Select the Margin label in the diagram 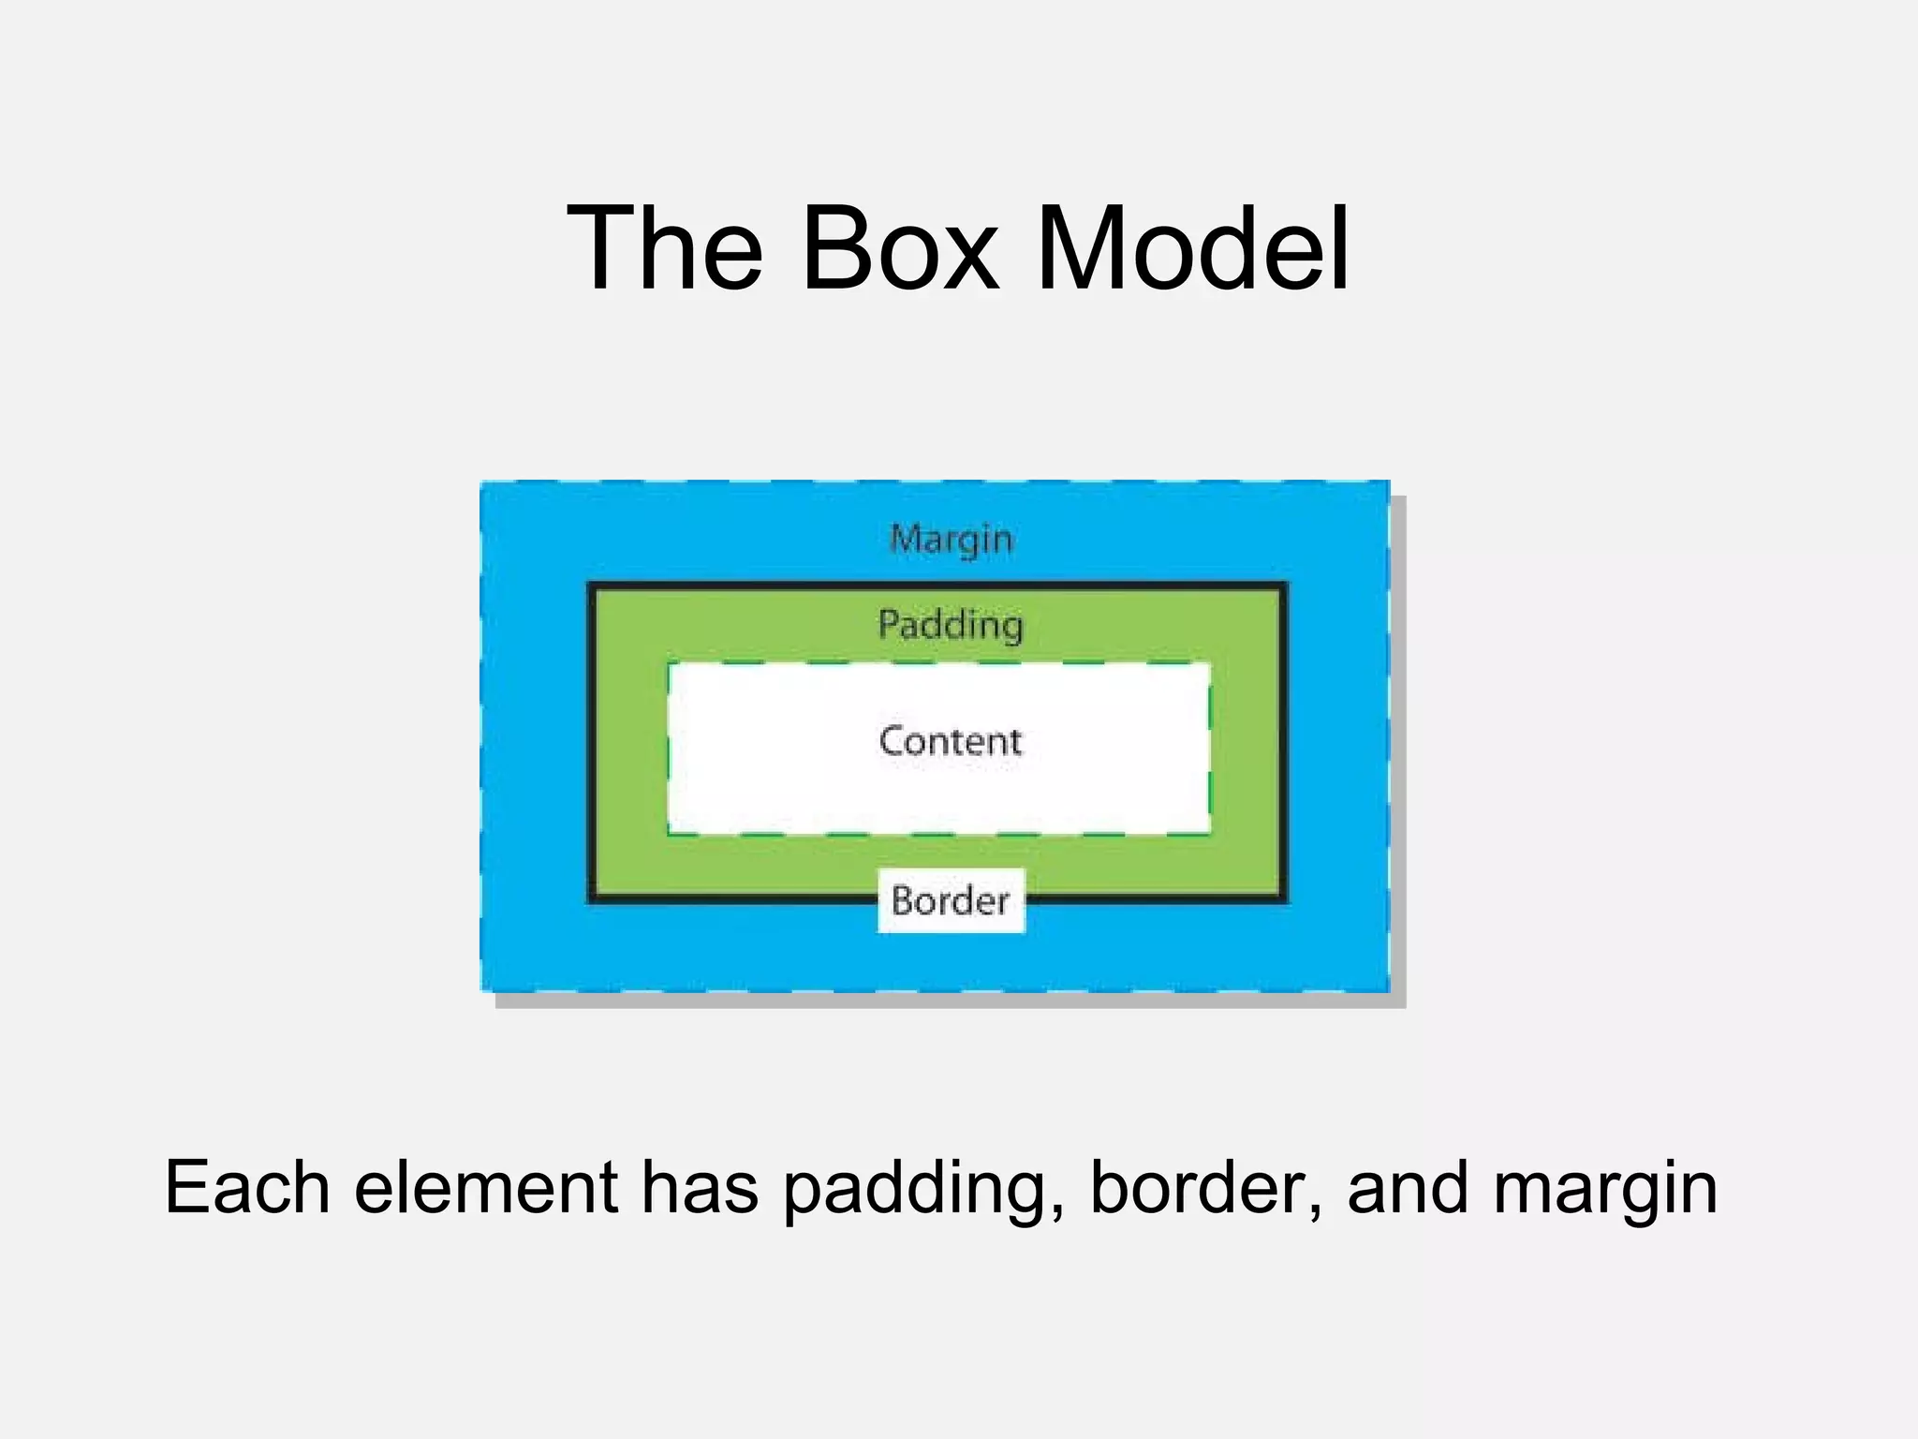pos(951,540)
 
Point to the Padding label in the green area pos(950,625)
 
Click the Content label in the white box pos(950,741)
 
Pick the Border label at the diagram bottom pos(951,901)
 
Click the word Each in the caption pos(246,1188)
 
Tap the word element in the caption pos(486,1188)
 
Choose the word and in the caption pos(1407,1188)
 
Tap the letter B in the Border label pos(902,901)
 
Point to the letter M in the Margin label pos(906,540)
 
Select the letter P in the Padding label pos(889,624)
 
